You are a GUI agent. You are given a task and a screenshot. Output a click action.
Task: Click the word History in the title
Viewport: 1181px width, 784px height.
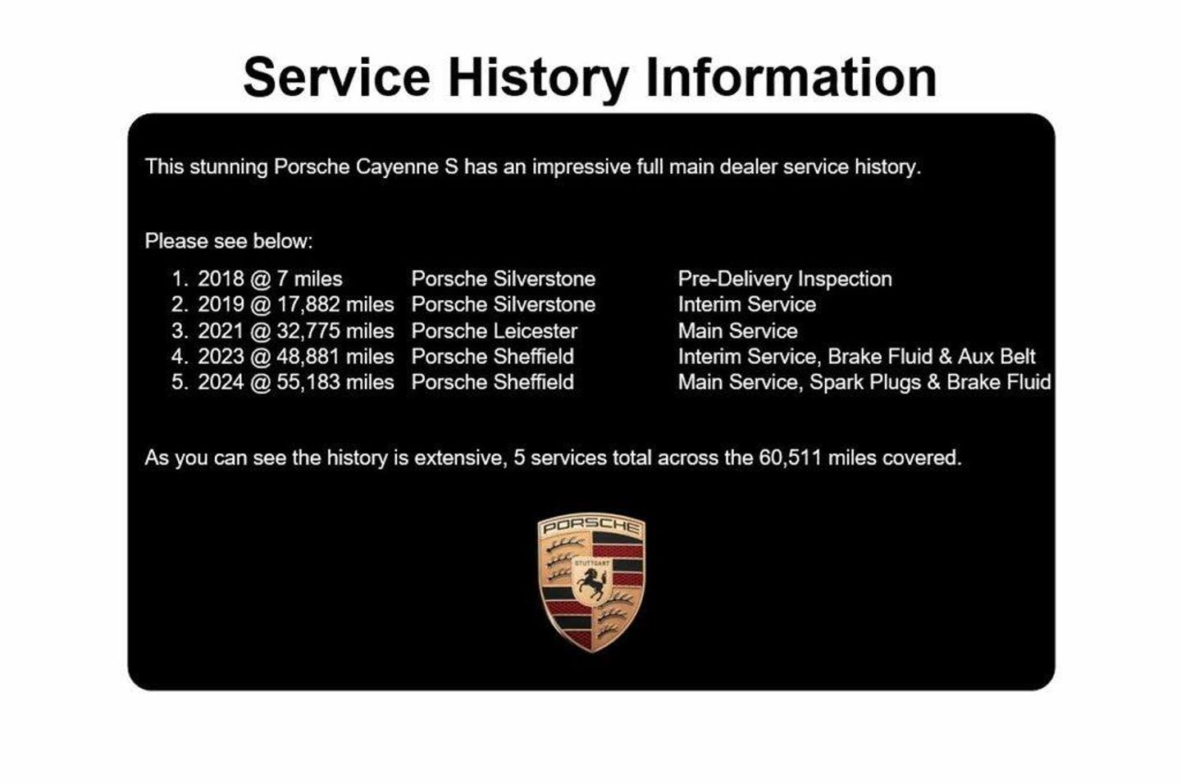[x=538, y=79]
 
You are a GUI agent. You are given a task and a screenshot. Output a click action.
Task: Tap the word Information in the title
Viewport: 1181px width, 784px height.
[x=791, y=77]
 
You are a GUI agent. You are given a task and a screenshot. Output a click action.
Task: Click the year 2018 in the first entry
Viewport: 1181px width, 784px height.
[x=221, y=279]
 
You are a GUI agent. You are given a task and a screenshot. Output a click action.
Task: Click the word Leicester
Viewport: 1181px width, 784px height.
[x=536, y=331]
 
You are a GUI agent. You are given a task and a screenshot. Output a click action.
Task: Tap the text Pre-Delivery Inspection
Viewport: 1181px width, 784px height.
[x=785, y=279]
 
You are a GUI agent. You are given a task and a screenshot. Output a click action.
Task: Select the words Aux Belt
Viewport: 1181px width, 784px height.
[x=996, y=357]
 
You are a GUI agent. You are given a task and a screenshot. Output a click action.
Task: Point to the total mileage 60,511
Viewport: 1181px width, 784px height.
[x=791, y=458]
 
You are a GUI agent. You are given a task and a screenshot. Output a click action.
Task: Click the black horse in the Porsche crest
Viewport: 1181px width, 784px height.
[x=591, y=583]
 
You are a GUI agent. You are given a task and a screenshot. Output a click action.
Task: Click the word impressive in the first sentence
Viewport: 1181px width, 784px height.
[x=581, y=167]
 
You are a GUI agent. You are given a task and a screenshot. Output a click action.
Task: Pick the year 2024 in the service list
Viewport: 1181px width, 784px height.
[x=221, y=382]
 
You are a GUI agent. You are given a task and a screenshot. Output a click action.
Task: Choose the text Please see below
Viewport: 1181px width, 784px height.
[x=229, y=241]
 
